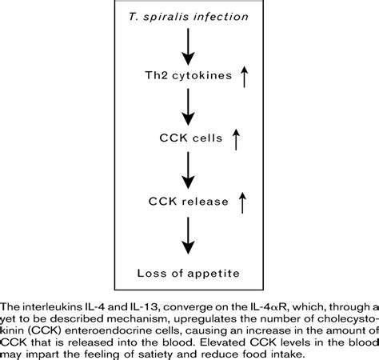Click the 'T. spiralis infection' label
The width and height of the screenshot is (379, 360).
[189, 17]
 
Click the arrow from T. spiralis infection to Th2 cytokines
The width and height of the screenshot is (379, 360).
[189, 48]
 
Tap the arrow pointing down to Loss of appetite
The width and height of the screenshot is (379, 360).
[189, 237]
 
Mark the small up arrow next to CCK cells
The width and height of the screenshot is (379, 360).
[235, 141]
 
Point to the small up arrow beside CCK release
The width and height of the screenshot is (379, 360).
[241, 203]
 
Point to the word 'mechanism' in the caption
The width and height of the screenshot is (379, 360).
[130, 316]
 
